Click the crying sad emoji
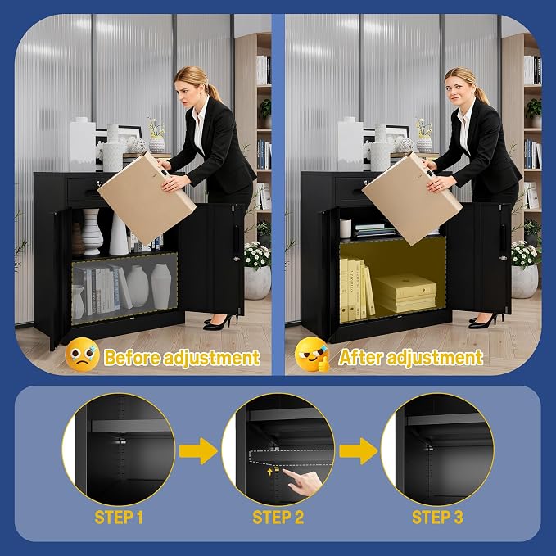pyautogui.click(x=82, y=355)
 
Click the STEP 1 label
pyautogui.click(x=119, y=518)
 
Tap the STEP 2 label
pyautogui.click(x=278, y=518)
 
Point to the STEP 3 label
pyautogui.click(x=437, y=518)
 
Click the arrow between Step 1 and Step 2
pyautogui.click(x=198, y=451)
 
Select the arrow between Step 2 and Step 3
pyautogui.click(x=359, y=451)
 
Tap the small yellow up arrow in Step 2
pyautogui.click(x=270, y=472)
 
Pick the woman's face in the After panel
pyautogui.click(x=457, y=92)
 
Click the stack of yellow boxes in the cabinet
pyautogui.click(x=405, y=292)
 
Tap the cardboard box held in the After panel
pyautogui.click(x=412, y=198)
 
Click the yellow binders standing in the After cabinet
pyautogui.click(x=356, y=290)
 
